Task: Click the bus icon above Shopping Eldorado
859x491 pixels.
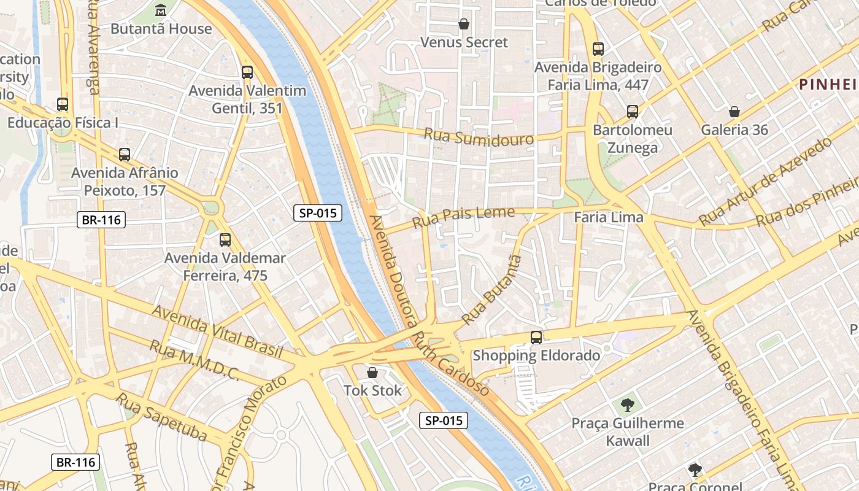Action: pos(536,337)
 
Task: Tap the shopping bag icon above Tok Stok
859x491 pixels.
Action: pos(372,373)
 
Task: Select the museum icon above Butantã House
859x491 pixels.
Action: pos(161,10)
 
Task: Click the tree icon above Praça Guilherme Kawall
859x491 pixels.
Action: pos(627,404)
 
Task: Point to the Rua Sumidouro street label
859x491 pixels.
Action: pos(479,137)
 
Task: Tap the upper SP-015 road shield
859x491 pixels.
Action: pos(317,213)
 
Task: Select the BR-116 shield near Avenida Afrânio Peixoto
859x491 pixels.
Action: pos(101,220)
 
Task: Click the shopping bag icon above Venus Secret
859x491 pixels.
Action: pos(464,24)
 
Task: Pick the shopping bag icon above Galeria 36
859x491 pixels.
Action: pos(734,112)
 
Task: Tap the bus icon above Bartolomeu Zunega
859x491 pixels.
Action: pos(633,112)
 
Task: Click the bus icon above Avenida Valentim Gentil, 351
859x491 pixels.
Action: pos(247,72)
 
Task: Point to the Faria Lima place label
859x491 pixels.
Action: pos(608,217)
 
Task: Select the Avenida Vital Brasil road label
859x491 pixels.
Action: pos(217,331)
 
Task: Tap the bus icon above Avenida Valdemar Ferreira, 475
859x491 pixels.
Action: pos(225,240)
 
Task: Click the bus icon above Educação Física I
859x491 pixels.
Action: pos(63,104)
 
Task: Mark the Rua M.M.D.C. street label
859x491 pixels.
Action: pos(195,360)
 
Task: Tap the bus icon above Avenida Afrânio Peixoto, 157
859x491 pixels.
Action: pos(125,155)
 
